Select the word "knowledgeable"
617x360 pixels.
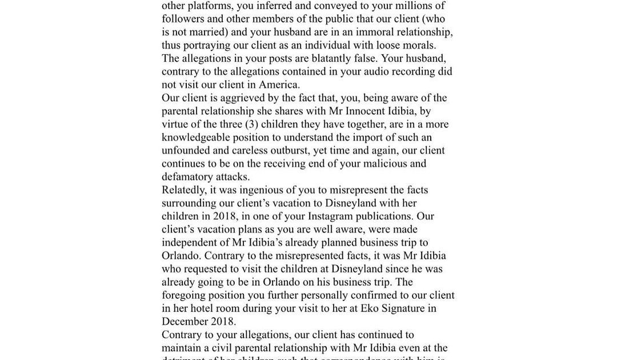click(197, 137)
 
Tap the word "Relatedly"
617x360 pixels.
click(184, 190)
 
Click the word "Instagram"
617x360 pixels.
click(330, 216)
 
